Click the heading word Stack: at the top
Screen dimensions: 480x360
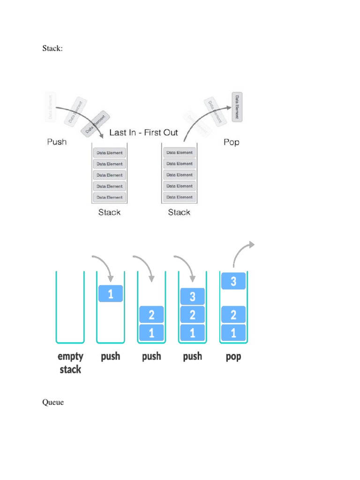click(x=52, y=48)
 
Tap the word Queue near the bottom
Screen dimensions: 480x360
click(x=53, y=402)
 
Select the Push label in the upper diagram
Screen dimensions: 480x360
click(x=57, y=142)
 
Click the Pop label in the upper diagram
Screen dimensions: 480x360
click(x=231, y=142)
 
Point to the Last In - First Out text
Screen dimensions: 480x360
click(x=143, y=133)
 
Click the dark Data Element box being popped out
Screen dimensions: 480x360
click(x=237, y=107)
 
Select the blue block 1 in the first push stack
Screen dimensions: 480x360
click(x=111, y=294)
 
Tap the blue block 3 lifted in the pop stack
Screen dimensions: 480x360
click(x=233, y=281)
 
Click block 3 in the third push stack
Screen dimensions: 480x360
click(x=193, y=296)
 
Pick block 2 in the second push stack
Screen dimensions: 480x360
click(x=151, y=315)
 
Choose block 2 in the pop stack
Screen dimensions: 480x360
click(x=233, y=315)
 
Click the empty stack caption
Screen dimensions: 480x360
click(x=70, y=362)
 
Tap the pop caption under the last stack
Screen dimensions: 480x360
click(x=233, y=356)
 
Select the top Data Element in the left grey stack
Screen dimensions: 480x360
click(x=109, y=153)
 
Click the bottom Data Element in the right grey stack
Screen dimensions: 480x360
click(x=179, y=197)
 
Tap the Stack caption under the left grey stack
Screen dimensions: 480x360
click(x=109, y=212)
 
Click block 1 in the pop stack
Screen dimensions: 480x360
click(x=233, y=333)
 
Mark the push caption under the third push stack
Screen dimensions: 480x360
click(x=193, y=356)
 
